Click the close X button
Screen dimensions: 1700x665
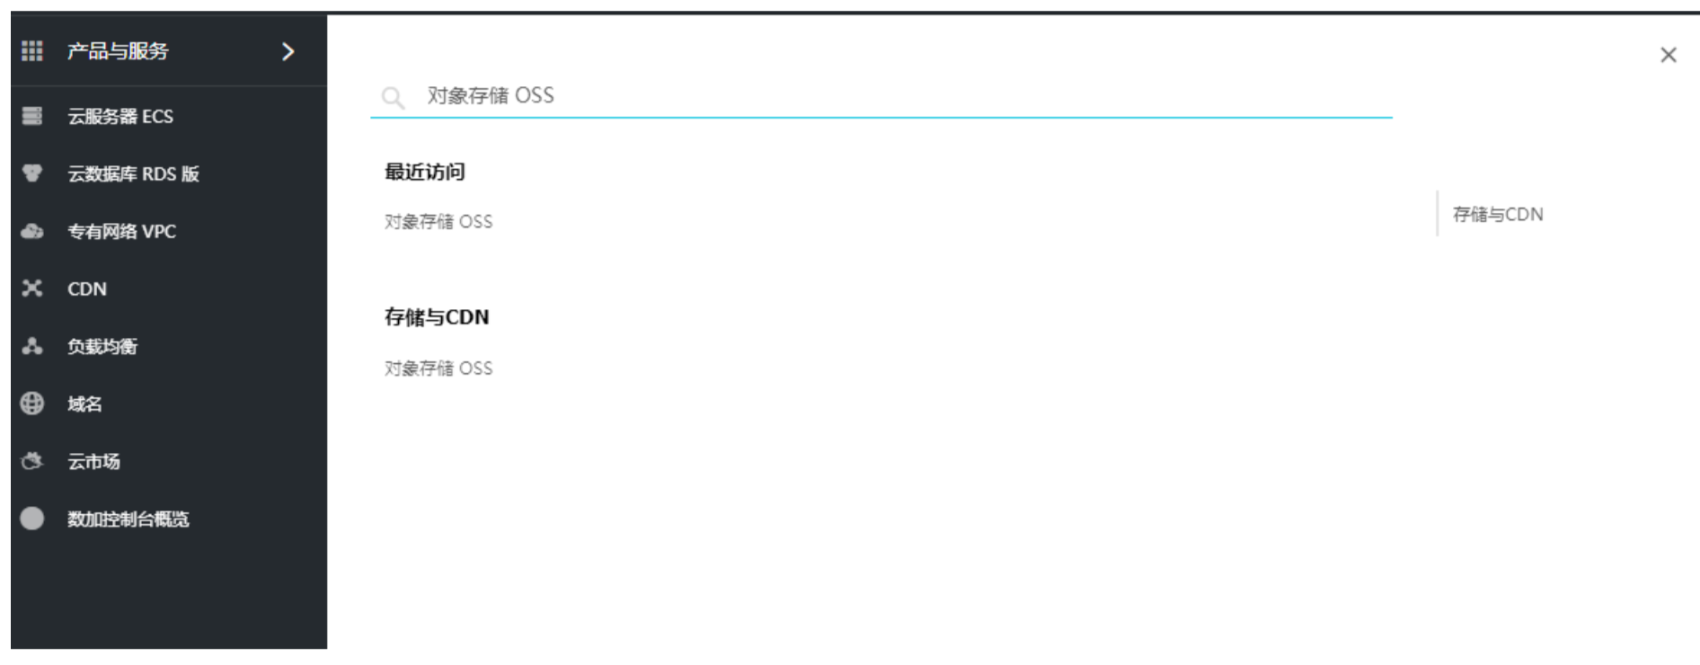click(1668, 55)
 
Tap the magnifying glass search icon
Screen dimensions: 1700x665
click(393, 97)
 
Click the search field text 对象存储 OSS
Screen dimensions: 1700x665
click(491, 95)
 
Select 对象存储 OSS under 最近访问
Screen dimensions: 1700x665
click(438, 221)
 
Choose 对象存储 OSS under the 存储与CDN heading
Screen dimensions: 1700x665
click(438, 368)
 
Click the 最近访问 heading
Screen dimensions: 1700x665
click(425, 172)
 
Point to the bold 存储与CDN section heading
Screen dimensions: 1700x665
click(437, 317)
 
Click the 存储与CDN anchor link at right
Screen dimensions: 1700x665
click(1498, 214)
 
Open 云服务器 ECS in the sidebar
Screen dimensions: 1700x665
click(120, 116)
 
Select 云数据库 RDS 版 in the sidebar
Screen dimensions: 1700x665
click(133, 173)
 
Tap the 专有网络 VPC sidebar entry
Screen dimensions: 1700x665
click(121, 231)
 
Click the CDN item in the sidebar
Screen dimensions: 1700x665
click(87, 288)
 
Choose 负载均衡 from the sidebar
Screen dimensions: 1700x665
click(102, 346)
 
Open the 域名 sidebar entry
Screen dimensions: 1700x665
click(84, 403)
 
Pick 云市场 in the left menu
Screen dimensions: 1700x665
click(93, 461)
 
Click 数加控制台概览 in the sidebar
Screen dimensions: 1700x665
click(128, 519)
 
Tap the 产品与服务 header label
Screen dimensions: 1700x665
click(118, 51)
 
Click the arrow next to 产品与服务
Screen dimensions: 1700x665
click(288, 51)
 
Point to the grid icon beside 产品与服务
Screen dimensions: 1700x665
click(32, 51)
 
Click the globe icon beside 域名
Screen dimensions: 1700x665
click(32, 403)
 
